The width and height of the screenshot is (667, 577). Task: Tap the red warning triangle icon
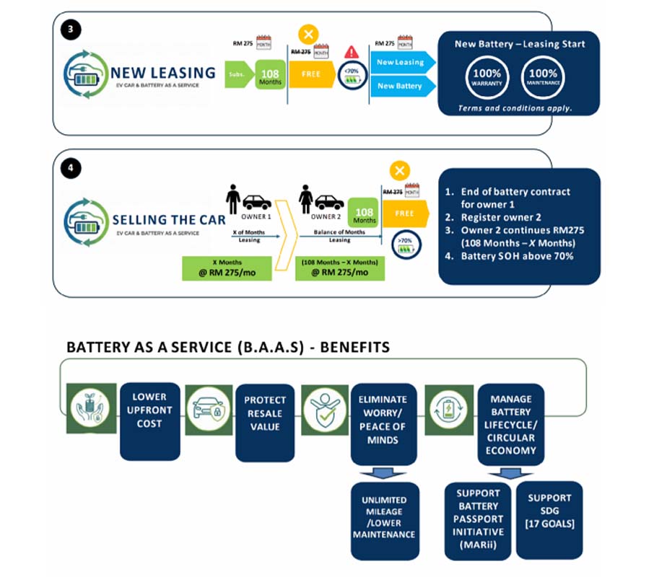click(x=352, y=52)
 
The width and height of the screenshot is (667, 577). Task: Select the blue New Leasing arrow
click(x=403, y=63)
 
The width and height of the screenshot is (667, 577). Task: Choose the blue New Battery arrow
click(x=403, y=86)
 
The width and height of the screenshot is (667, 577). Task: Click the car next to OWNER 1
click(x=258, y=202)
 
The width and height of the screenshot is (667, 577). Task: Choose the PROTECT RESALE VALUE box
click(x=265, y=420)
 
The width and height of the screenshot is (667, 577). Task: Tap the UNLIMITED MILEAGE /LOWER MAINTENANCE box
click(x=384, y=517)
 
